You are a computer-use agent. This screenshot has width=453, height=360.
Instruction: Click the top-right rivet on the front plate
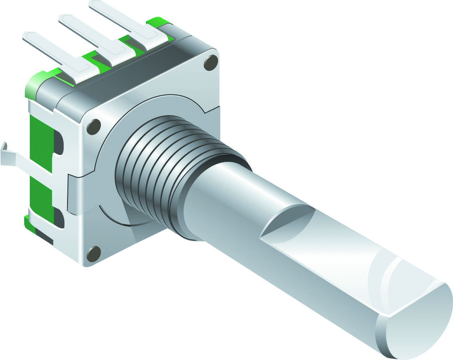[211, 62]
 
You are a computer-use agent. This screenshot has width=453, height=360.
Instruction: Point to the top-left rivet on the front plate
[93, 127]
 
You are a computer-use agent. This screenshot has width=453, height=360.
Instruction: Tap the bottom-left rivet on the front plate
[93, 254]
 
